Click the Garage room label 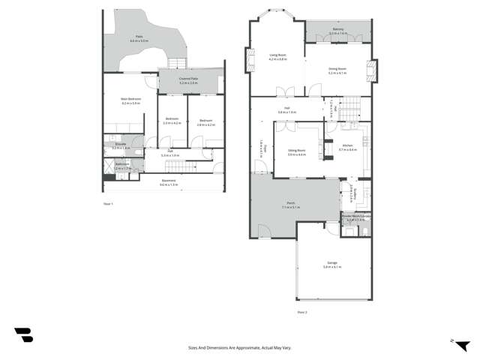point(332,263)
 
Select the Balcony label point(338,28)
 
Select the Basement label point(169,180)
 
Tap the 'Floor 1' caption point(108,203)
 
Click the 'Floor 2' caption point(302,311)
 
